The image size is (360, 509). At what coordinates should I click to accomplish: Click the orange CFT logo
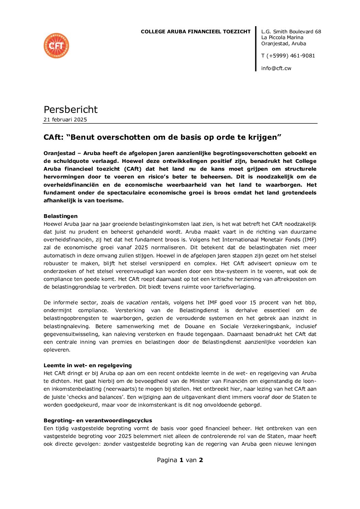[56, 46]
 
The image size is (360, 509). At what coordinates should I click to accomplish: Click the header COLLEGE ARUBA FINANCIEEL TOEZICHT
[196, 32]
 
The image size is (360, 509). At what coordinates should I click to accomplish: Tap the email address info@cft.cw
[276, 68]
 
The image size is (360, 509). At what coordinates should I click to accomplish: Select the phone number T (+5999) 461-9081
[288, 55]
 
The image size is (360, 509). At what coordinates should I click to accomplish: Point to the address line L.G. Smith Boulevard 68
[291, 32]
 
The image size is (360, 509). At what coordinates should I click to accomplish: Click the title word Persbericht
[70, 109]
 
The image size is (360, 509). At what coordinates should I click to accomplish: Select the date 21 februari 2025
[65, 119]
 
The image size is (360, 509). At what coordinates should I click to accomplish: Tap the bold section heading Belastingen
[61, 216]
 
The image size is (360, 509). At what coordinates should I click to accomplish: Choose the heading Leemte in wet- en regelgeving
[87, 365]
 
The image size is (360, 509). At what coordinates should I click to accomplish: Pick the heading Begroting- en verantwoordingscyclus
[98, 420]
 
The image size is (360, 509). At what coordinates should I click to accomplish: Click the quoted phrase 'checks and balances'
[100, 397]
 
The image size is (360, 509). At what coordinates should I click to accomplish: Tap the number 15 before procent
[253, 302]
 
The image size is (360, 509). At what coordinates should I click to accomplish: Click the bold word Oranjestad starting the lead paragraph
[59, 153]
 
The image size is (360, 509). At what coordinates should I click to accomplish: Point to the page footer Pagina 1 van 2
[180, 460]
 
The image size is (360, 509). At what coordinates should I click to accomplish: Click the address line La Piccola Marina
[282, 37]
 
